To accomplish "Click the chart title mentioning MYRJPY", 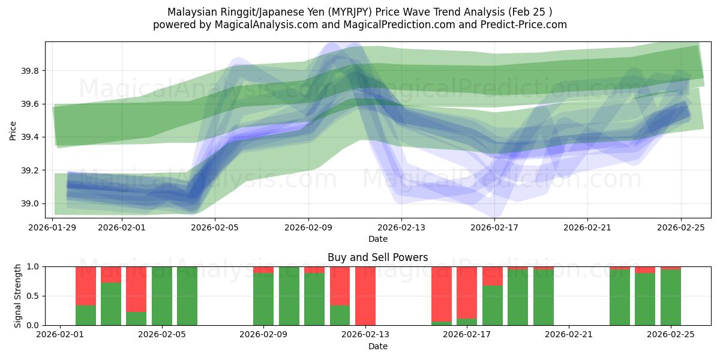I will click(x=360, y=12).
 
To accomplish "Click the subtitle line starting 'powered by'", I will click(x=360, y=25).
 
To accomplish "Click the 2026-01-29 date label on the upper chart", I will click(x=53, y=228).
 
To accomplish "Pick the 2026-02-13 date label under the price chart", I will click(x=401, y=228).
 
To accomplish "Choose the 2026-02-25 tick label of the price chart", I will click(x=681, y=228).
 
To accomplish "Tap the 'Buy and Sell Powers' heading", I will click(x=378, y=257).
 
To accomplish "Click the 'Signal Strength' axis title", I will click(x=18, y=295).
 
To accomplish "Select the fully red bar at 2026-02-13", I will click(x=365, y=296).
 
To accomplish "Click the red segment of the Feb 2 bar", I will click(x=86, y=286).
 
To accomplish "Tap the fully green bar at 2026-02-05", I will click(x=187, y=296).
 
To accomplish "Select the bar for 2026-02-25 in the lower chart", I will click(x=671, y=297).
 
